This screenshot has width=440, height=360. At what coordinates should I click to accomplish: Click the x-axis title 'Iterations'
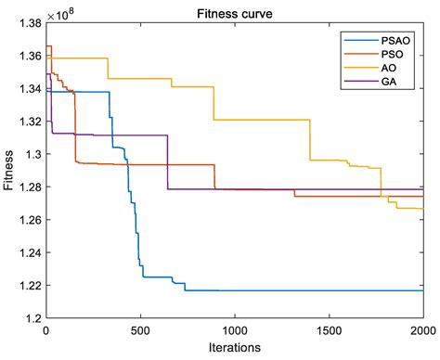tap(233, 348)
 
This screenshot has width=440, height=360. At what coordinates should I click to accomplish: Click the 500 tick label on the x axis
tap(139, 330)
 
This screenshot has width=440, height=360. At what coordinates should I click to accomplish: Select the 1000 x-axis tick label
tap(234, 330)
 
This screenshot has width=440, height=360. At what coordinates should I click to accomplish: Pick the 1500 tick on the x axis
tap(328, 330)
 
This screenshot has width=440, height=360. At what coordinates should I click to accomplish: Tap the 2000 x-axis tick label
tap(421, 330)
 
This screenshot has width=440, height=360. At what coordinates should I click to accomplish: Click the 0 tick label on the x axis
tap(45, 330)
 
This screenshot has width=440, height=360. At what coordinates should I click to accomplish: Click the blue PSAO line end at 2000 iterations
tap(421, 290)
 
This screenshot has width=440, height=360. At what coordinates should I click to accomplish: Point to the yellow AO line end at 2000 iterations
tap(421, 209)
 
